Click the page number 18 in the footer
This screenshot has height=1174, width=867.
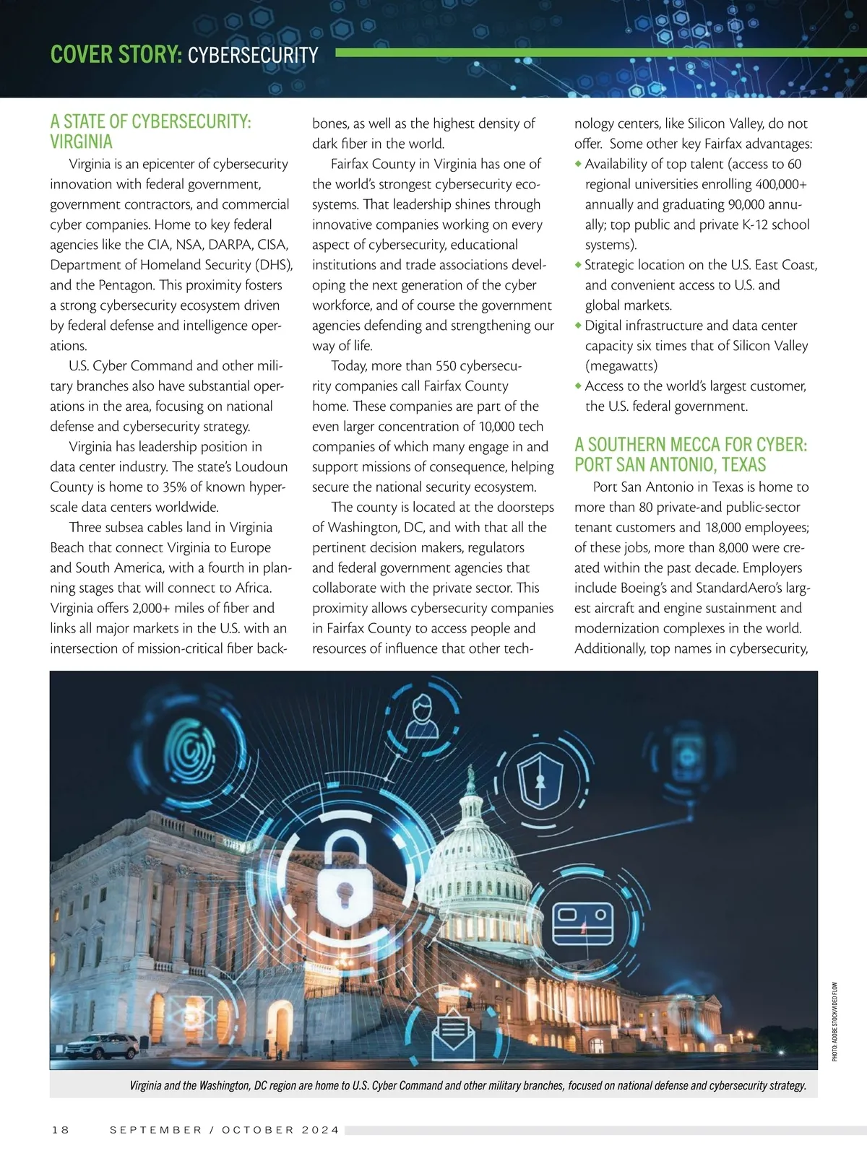pyautogui.click(x=61, y=1130)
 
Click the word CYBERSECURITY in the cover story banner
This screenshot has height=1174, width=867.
pyautogui.click(x=253, y=55)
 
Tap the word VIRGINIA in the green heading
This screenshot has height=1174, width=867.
pyautogui.click(x=82, y=142)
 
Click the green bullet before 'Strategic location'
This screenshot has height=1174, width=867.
pyautogui.click(x=578, y=265)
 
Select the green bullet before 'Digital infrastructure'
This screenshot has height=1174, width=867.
pyautogui.click(x=578, y=326)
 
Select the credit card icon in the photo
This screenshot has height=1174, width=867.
pyautogui.click(x=582, y=925)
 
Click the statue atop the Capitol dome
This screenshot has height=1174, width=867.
pyautogui.click(x=471, y=778)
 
